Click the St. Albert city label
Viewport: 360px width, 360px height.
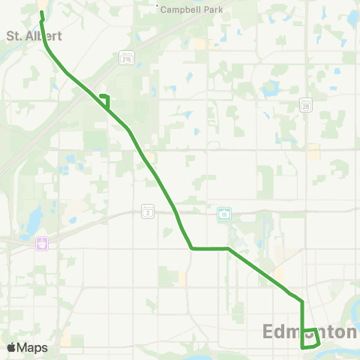(33, 34)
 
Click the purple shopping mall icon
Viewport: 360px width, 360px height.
(42, 243)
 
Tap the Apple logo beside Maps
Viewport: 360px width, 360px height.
(11, 347)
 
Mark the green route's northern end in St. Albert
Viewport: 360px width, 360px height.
(41, 12)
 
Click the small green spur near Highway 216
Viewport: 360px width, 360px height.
(106, 97)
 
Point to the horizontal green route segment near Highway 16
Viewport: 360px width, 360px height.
(210, 248)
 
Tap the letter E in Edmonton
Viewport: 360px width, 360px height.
(269, 331)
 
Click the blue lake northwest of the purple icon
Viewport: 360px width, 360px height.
(34, 220)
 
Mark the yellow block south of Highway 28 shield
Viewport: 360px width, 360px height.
(313, 151)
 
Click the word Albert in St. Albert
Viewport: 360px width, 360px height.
(42, 34)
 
